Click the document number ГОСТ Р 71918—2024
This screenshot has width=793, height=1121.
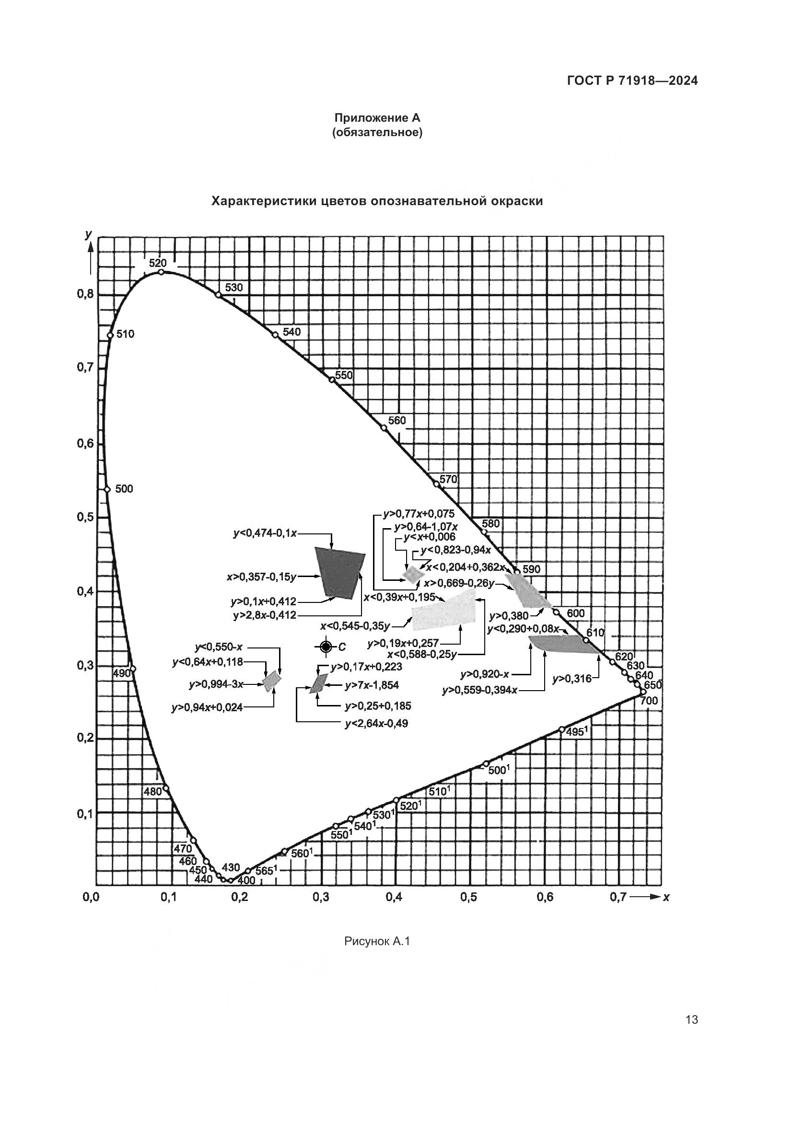[632, 81]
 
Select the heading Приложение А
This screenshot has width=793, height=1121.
[377, 118]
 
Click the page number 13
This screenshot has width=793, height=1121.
[691, 1020]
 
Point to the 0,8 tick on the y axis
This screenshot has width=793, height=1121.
[85, 294]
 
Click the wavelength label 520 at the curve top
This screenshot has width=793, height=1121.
[158, 263]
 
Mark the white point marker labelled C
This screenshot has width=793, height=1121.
[326, 647]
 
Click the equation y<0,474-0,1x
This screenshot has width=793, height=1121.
[265, 533]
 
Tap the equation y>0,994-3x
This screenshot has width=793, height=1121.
[216, 684]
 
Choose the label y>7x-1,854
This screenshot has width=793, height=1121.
[372, 685]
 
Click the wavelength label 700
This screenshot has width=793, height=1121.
[649, 701]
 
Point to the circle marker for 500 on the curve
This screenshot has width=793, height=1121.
[107, 490]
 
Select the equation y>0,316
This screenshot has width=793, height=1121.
[572, 679]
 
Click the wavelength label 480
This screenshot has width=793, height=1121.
[152, 792]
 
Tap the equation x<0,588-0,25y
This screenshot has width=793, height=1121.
[422, 654]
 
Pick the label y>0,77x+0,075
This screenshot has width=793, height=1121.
[419, 514]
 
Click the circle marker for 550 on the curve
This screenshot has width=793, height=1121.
[333, 380]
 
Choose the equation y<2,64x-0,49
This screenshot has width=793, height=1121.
[376, 724]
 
